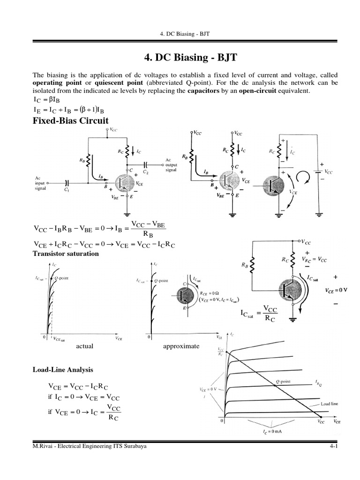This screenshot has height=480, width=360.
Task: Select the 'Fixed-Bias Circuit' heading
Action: coord(70,120)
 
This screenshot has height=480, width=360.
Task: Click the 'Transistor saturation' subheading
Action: coord(65,254)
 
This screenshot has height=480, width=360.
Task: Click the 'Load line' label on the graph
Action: coord(330,403)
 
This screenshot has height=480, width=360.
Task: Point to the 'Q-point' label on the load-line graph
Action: coord(283,382)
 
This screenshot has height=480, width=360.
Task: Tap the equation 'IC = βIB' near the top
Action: coord(46,100)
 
